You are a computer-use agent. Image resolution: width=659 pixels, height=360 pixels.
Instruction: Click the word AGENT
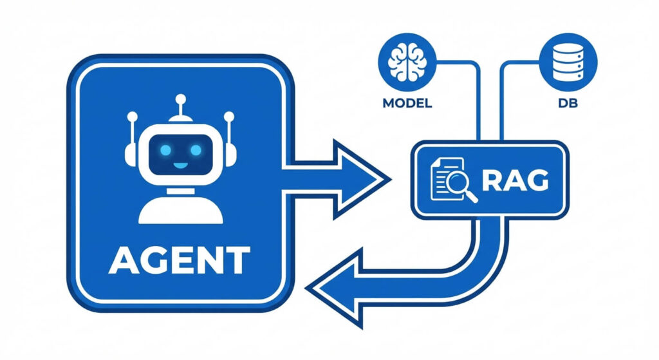point(179,260)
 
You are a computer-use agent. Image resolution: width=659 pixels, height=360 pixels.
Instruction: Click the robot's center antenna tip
point(181,99)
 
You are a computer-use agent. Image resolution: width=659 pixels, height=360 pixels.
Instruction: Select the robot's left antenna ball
point(133,117)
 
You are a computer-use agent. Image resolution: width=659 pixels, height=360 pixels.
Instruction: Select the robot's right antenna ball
point(228,117)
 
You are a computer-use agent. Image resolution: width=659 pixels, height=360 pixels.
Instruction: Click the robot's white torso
point(180,208)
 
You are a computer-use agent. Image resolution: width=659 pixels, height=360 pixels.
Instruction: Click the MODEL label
point(407,102)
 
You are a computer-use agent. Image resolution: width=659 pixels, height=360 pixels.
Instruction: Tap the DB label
point(570,102)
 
